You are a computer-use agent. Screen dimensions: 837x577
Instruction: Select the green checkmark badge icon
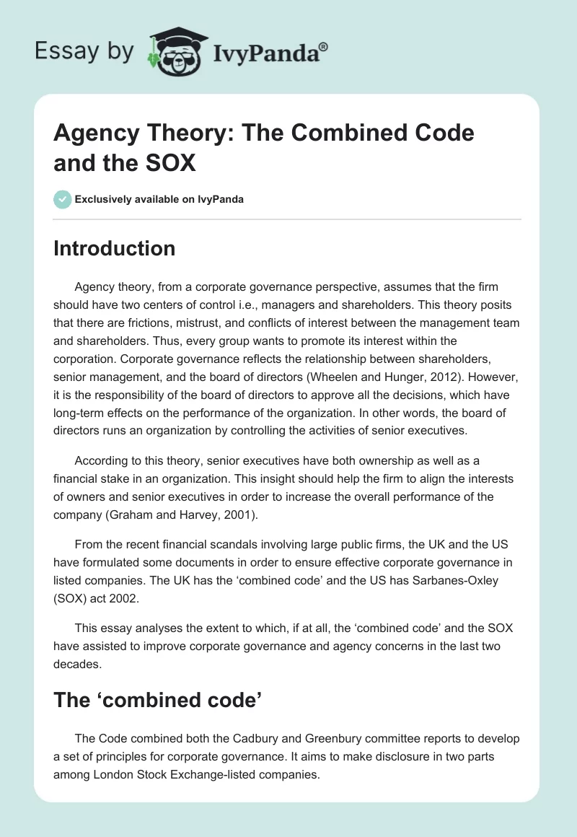[x=63, y=199]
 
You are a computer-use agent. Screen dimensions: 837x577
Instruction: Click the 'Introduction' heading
[x=114, y=248]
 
